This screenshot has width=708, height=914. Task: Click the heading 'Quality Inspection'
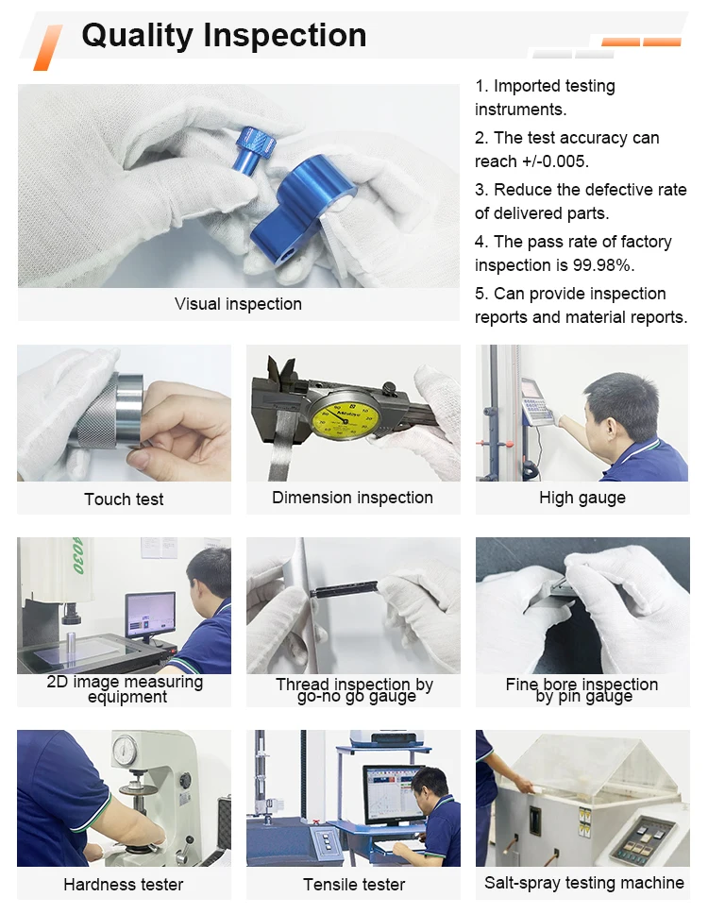(x=224, y=35)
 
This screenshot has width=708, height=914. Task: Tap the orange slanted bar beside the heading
(x=48, y=47)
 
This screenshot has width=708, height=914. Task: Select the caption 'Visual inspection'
(x=238, y=304)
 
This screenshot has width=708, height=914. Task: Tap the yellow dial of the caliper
(x=344, y=415)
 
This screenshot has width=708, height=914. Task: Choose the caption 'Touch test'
(x=124, y=499)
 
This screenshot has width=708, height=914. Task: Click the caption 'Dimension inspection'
(x=352, y=498)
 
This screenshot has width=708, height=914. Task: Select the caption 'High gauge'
(x=582, y=498)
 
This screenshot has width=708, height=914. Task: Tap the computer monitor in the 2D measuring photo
(x=150, y=616)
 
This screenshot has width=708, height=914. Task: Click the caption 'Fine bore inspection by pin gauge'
(x=582, y=690)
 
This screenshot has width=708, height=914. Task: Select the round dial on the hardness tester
(x=125, y=752)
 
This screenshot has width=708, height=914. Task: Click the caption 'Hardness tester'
(x=124, y=885)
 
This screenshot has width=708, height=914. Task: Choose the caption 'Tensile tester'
(x=354, y=885)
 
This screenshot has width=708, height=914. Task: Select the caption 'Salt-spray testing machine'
(x=583, y=883)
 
